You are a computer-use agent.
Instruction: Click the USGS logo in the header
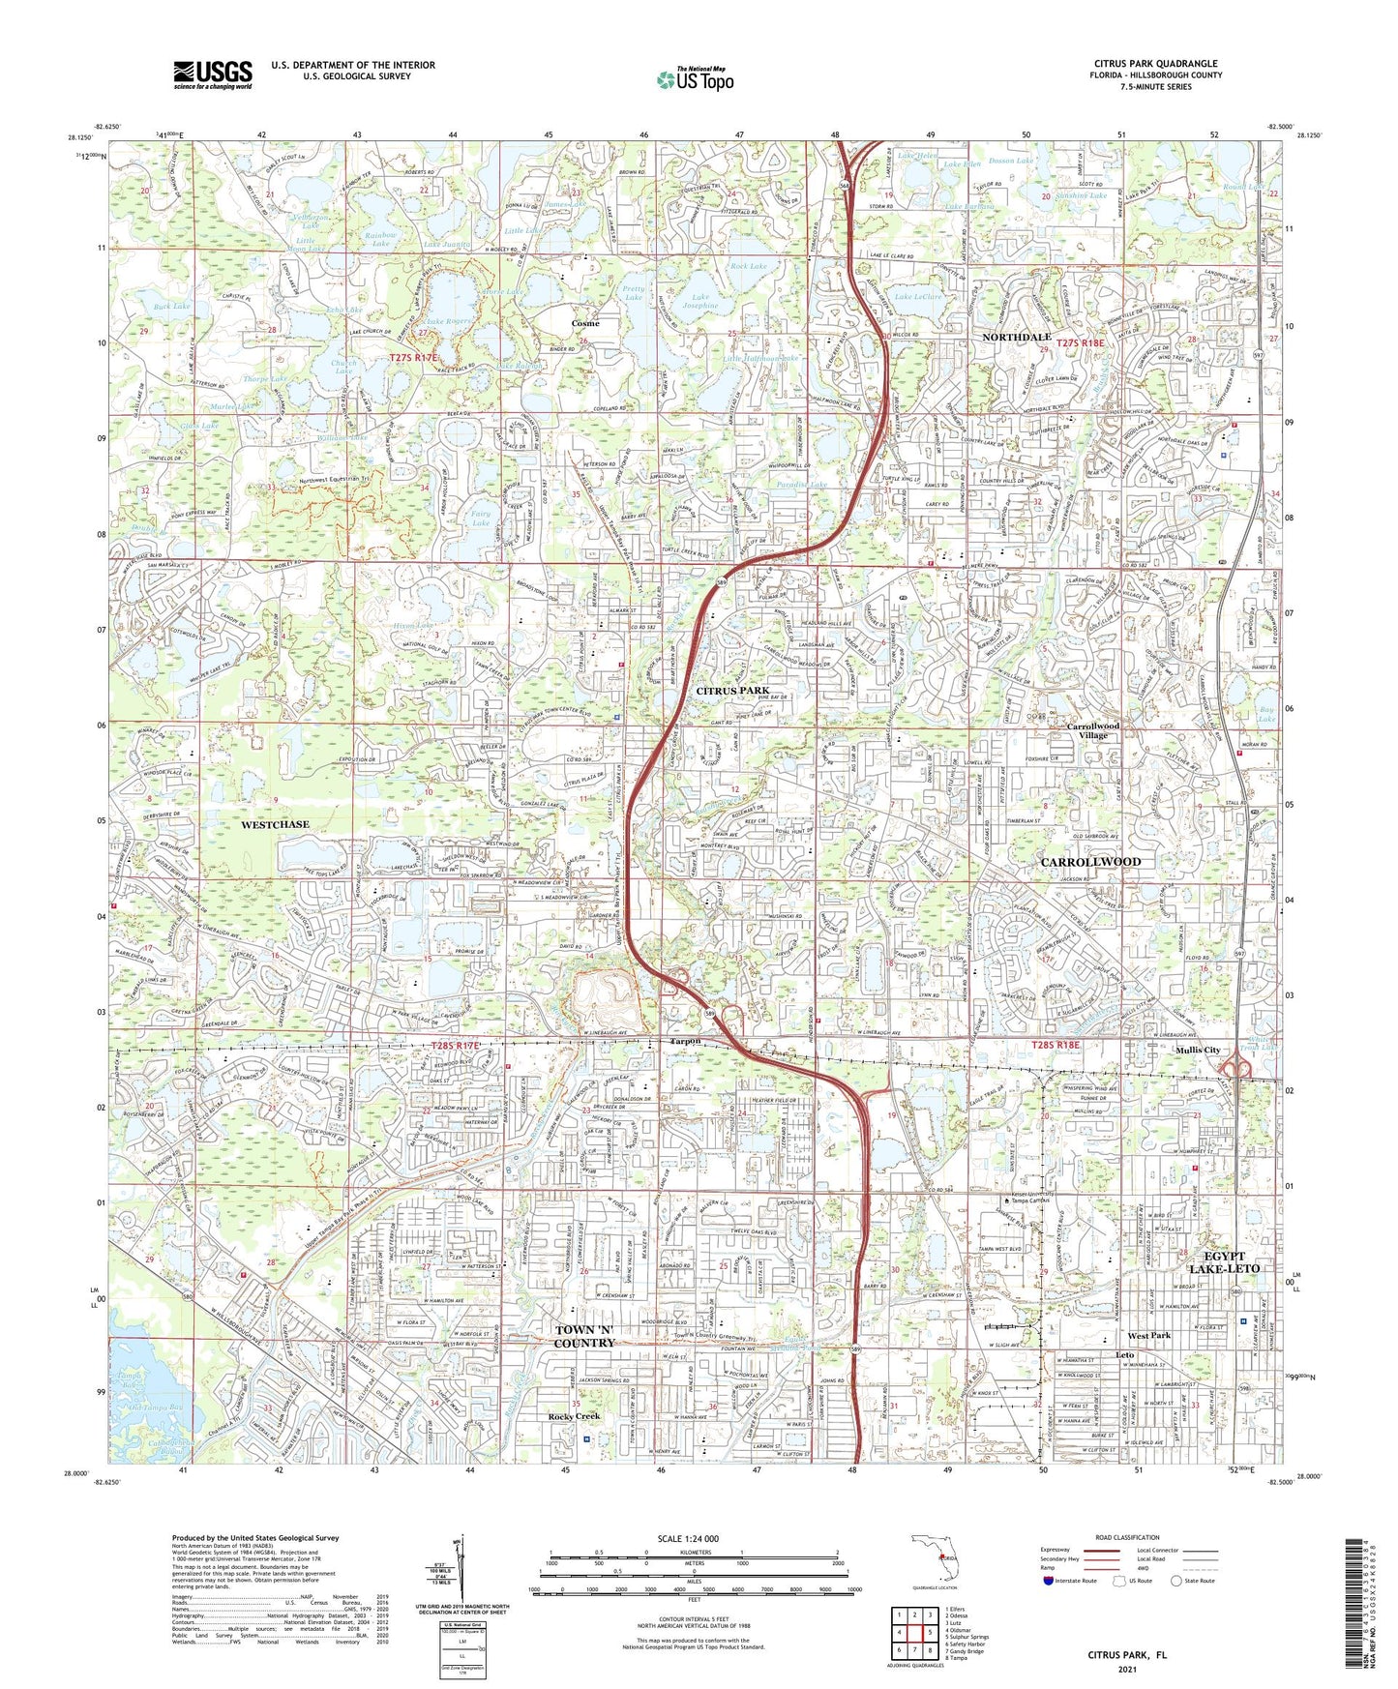213,74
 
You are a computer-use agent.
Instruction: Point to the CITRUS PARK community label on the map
732,691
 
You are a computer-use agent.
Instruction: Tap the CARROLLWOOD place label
1090,861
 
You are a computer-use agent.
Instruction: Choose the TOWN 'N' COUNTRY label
584,1337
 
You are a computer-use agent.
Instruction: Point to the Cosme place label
584,323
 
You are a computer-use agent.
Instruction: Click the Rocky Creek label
575,1416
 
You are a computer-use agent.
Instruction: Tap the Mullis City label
1197,1051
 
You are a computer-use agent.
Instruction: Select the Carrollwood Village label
1093,730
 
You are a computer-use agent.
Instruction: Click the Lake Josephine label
704,301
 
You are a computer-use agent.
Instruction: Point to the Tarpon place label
686,1042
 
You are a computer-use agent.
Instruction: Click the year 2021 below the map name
1126,1669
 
